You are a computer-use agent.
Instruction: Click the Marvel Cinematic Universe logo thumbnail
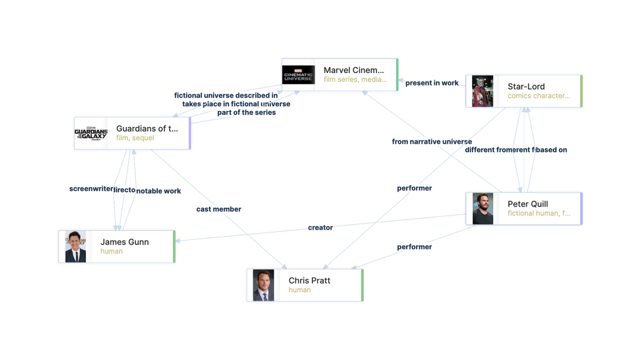pyautogui.click(x=298, y=75)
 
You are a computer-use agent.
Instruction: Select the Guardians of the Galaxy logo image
pyautogui.click(x=91, y=133)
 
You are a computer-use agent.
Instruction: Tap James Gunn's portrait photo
pyautogui.click(x=76, y=247)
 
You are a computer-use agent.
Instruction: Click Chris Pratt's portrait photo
pyautogui.click(x=263, y=285)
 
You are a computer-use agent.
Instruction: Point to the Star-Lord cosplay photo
pyautogui.click(x=482, y=91)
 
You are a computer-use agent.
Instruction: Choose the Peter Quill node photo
pyautogui.click(x=482, y=209)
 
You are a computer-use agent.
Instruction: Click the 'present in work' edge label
pyautogui.click(x=432, y=83)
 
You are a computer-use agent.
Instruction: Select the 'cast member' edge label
pyautogui.click(x=219, y=209)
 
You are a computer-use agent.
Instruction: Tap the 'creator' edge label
pyautogui.click(x=320, y=228)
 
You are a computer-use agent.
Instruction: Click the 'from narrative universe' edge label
pyautogui.click(x=432, y=142)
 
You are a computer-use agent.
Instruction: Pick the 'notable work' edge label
pyautogui.click(x=159, y=191)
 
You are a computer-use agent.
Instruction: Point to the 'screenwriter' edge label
pyautogui.click(x=91, y=189)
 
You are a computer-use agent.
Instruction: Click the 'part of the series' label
pyautogui.click(x=247, y=113)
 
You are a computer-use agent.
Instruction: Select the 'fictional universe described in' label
pyautogui.click(x=226, y=95)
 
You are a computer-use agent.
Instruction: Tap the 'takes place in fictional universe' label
pyautogui.click(x=236, y=104)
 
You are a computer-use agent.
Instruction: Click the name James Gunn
pyautogui.click(x=125, y=242)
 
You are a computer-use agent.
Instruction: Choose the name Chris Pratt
pyautogui.click(x=309, y=280)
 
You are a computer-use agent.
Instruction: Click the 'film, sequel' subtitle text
pyautogui.click(x=135, y=138)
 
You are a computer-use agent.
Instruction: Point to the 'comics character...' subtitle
pyautogui.click(x=538, y=96)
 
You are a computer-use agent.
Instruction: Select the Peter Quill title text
pyautogui.click(x=528, y=204)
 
